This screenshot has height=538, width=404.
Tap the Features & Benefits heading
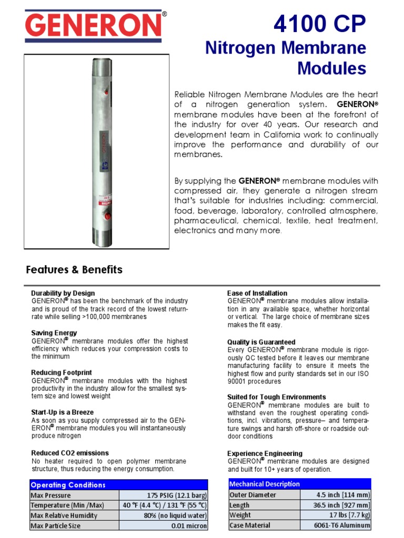point(74,270)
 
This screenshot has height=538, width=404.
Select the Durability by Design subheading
point(63,293)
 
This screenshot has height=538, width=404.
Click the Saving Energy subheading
point(54,333)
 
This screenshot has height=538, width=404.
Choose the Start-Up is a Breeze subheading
point(62,412)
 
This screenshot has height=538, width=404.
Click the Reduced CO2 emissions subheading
point(70,453)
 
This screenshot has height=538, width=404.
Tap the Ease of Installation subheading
point(257,293)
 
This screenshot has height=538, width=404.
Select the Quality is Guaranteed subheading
point(261,342)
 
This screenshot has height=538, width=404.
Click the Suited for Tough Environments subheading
point(277,397)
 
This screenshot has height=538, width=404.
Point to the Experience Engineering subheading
point(265,453)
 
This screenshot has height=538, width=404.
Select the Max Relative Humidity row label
point(64,515)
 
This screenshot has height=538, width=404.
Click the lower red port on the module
point(108,216)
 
